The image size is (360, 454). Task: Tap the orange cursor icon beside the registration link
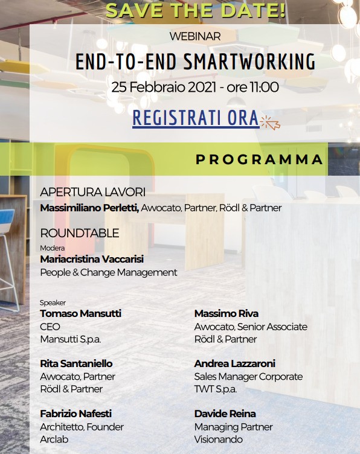pos(271,122)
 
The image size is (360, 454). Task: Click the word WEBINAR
pos(195,36)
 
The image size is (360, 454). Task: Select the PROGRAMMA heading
pos(259,159)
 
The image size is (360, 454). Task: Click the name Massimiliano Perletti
pos(90,208)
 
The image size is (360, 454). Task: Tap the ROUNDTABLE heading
pos(80,233)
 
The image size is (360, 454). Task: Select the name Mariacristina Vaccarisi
pos(92,259)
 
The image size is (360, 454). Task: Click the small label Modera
pos(52,248)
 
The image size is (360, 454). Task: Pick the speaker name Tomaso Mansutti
pos(80,313)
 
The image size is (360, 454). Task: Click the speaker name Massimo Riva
pos(227,313)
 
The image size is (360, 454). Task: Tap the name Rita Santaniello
pos(76,363)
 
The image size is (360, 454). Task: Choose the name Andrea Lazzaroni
pos(234,363)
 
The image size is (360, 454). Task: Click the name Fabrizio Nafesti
pos(76,414)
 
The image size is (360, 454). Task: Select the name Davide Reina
pos(225,414)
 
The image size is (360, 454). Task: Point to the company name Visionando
pos(219,440)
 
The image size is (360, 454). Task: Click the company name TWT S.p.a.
pos(216,389)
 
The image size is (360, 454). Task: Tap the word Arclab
pos(54,440)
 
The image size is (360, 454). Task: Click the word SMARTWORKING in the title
pos(249,62)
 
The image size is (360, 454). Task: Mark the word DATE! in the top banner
pos(253,11)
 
